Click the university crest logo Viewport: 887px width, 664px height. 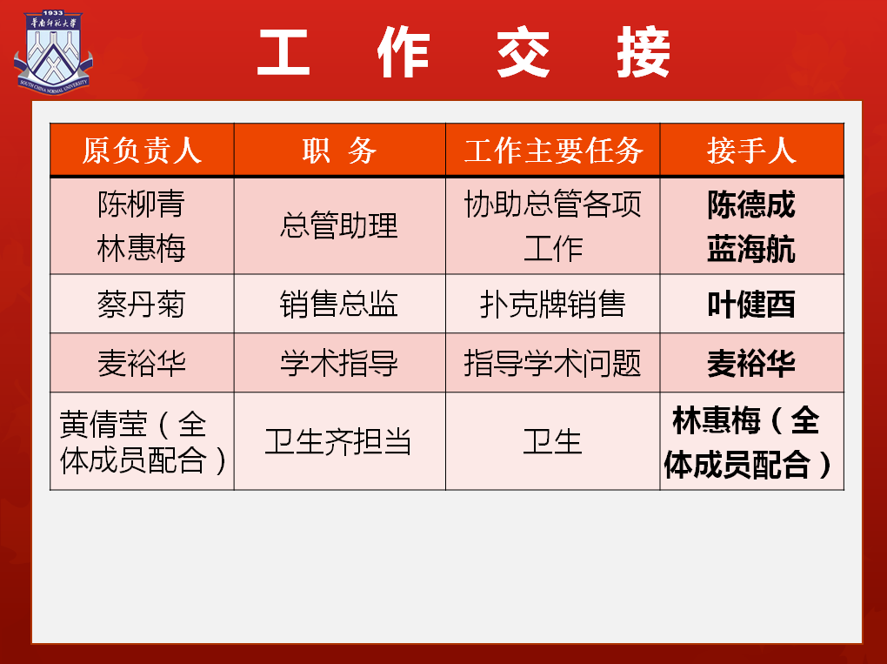(x=52, y=51)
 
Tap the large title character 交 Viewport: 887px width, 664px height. (x=524, y=52)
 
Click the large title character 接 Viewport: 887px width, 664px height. (x=644, y=52)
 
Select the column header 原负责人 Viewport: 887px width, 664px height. (x=142, y=151)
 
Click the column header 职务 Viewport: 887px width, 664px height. (x=339, y=151)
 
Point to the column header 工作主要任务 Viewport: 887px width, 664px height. (x=553, y=151)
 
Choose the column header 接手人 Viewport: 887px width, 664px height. (x=752, y=151)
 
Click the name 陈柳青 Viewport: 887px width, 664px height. (x=142, y=204)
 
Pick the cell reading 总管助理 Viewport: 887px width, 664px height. (x=339, y=225)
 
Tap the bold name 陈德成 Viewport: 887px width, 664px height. (x=751, y=205)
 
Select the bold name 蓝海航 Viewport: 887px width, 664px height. (x=751, y=249)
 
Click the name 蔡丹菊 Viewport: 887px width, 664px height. (x=142, y=304)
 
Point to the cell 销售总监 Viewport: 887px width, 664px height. (x=339, y=304)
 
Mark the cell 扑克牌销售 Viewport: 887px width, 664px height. (x=553, y=304)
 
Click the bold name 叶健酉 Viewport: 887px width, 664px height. (x=751, y=305)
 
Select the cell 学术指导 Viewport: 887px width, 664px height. (x=339, y=363)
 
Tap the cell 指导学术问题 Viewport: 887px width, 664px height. (x=553, y=363)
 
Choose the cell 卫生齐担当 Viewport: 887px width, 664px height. (x=339, y=441)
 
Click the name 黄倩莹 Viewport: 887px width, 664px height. (x=103, y=424)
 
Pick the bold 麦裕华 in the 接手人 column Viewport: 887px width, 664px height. (x=751, y=364)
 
